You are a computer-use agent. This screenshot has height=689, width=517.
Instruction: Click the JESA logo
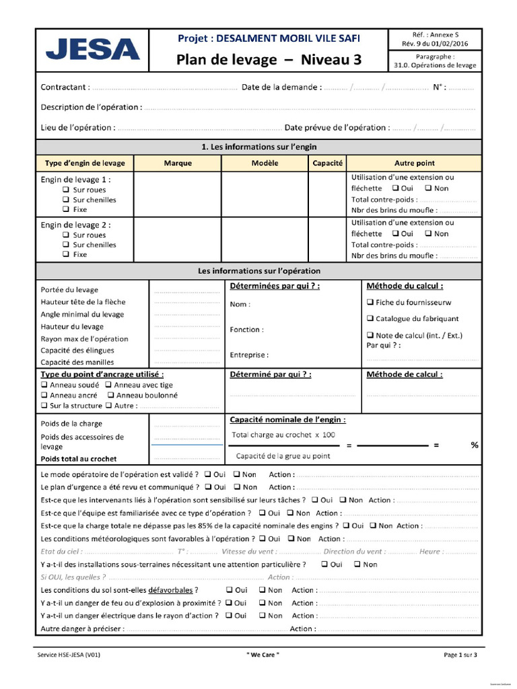pyautogui.click(x=92, y=50)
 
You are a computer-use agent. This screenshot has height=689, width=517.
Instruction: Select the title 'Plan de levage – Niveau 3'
pyautogui.click(x=269, y=60)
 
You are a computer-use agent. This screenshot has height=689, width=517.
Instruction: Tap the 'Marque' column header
pyautogui.click(x=178, y=163)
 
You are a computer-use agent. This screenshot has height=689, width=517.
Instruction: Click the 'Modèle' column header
pyautogui.click(x=265, y=163)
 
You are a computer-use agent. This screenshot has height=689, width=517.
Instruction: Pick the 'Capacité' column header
pyautogui.click(x=328, y=163)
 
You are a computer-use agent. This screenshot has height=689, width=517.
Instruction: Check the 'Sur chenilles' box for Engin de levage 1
pyautogui.click(x=66, y=200)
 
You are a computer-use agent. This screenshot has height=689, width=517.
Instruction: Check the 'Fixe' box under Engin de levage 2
pyautogui.click(x=66, y=255)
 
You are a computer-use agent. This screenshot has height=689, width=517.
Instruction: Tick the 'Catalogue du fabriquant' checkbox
pyautogui.click(x=370, y=318)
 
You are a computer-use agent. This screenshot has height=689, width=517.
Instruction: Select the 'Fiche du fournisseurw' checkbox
pyautogui.click(x=370, y=302)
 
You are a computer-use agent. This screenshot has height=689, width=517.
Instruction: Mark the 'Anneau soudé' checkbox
pyautogui.click(x=44, y=385)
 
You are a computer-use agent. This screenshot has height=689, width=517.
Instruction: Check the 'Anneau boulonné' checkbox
pyautogui.click(x=111, y=396)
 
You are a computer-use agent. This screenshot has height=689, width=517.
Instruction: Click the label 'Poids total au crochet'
pyautogui.click(x=79, y=459)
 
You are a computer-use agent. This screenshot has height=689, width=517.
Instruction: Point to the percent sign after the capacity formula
pyautogui.click(x=474, y=445)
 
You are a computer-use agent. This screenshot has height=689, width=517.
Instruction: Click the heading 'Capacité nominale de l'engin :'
pyautogui.click(x=288, y=420)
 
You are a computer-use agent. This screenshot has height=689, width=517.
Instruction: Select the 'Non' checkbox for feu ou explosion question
pyautogui.click(x=262, y=603)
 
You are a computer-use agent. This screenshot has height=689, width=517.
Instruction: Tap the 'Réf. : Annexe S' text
pyautogui.click(x=435, y=34)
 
